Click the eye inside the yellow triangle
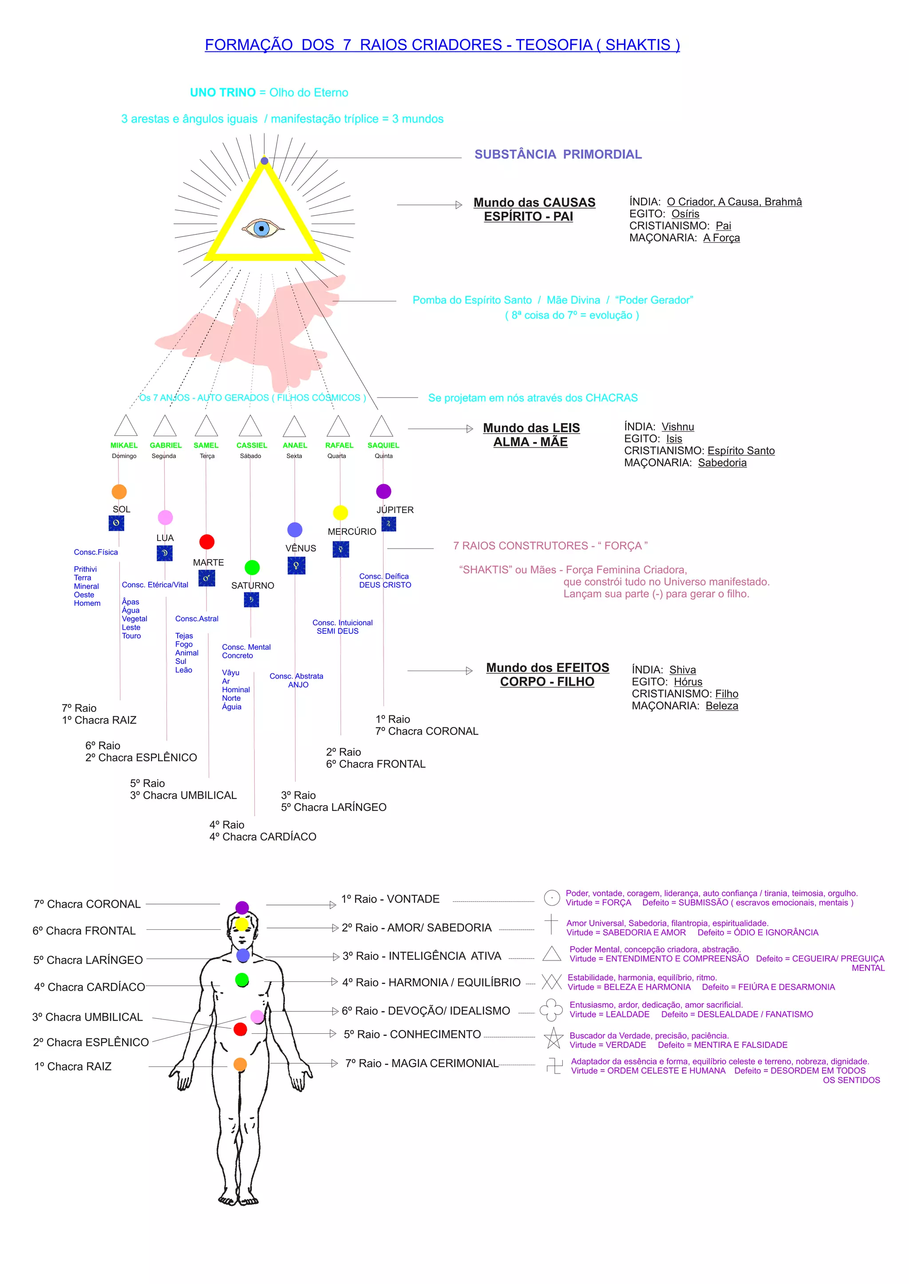261,229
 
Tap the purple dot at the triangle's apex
265,161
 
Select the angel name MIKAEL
124,445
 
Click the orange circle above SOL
119,491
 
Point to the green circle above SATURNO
253,567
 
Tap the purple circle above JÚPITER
383,491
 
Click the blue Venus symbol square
296,566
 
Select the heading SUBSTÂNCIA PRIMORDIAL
557,154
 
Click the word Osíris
685,214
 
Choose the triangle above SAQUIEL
381,427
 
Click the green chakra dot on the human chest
242,980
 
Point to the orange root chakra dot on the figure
240,1064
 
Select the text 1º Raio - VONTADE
390,898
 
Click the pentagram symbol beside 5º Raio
553,1038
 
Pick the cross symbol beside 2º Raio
551,924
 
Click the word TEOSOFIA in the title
553,45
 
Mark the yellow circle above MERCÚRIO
340,512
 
